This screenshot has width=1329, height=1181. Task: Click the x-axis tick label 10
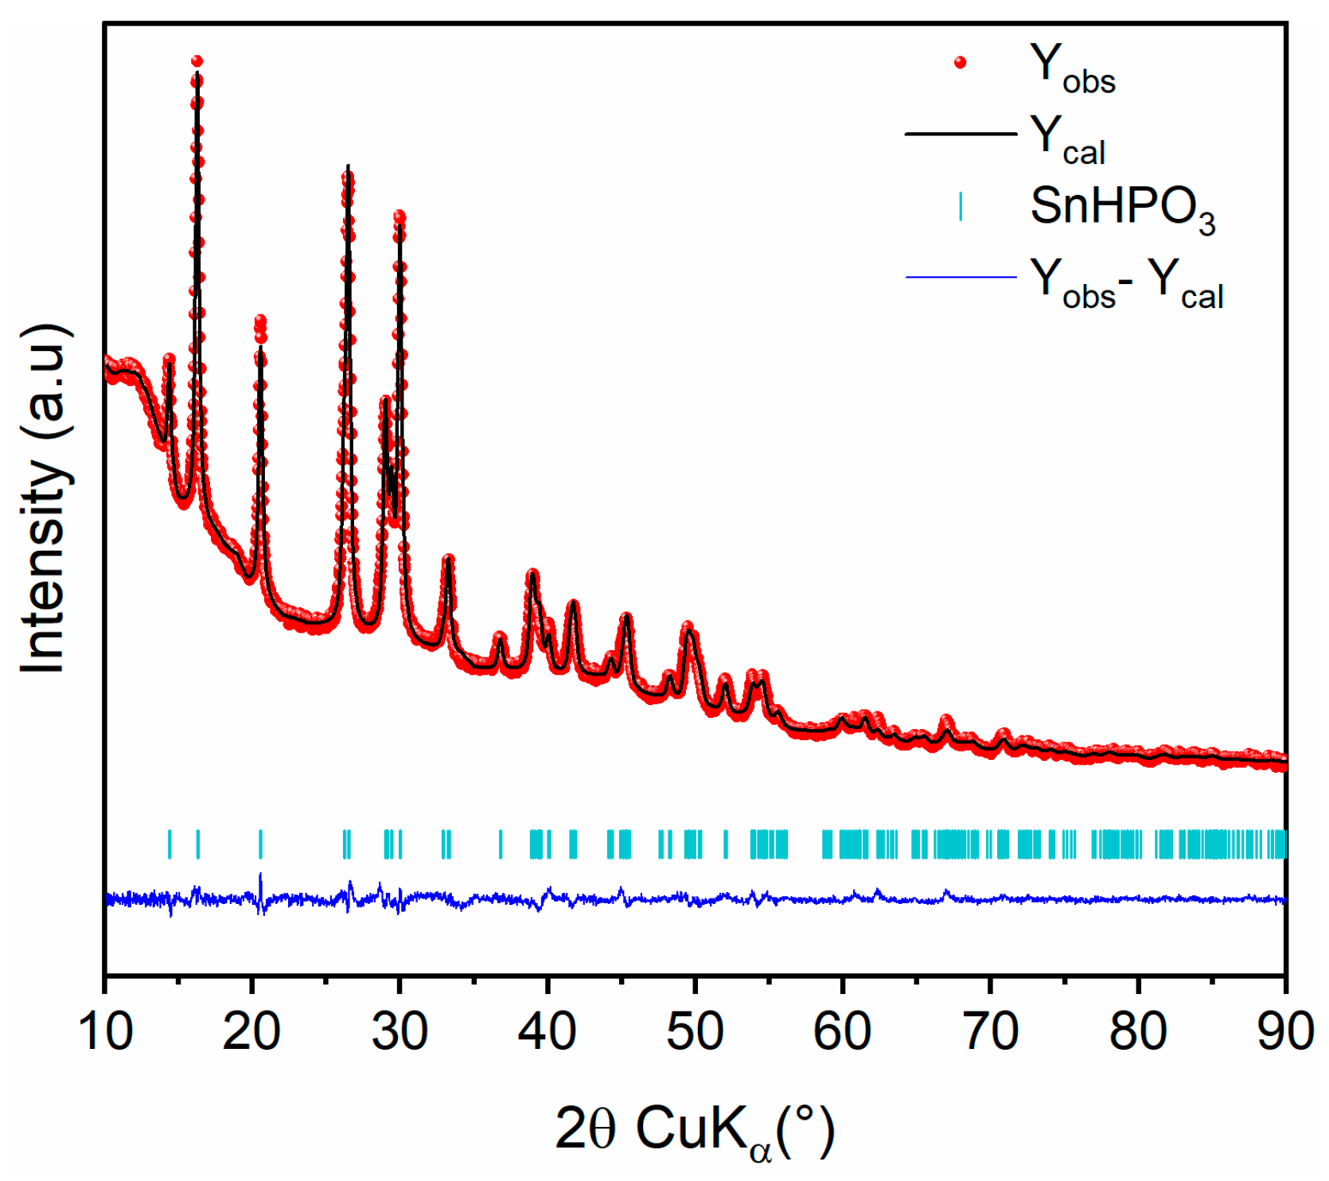[105, 1032]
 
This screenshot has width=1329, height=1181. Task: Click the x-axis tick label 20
[251, 1032]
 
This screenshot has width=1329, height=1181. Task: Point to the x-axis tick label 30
[399, 1032]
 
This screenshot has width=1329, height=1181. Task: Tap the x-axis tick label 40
[548, 1032]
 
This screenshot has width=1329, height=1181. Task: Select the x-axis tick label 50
[695, 1032]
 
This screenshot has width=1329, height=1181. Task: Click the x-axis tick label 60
[843, 1032]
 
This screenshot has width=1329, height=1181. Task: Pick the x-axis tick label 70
[990, 1032]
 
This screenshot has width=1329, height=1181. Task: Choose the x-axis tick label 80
[1138, 1032]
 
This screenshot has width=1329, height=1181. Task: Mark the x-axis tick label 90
[1284, 1032]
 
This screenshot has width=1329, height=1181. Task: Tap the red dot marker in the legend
[961, 63]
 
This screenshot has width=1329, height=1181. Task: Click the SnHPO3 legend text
[1122, 208]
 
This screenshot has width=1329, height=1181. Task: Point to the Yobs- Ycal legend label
[1125, 282]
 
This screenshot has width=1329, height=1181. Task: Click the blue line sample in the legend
[961, 278]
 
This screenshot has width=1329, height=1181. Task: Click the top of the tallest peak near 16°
[197, 61]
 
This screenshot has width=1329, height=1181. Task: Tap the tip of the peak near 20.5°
[260, 321]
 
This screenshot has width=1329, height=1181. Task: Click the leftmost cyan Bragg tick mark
[170, 844]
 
